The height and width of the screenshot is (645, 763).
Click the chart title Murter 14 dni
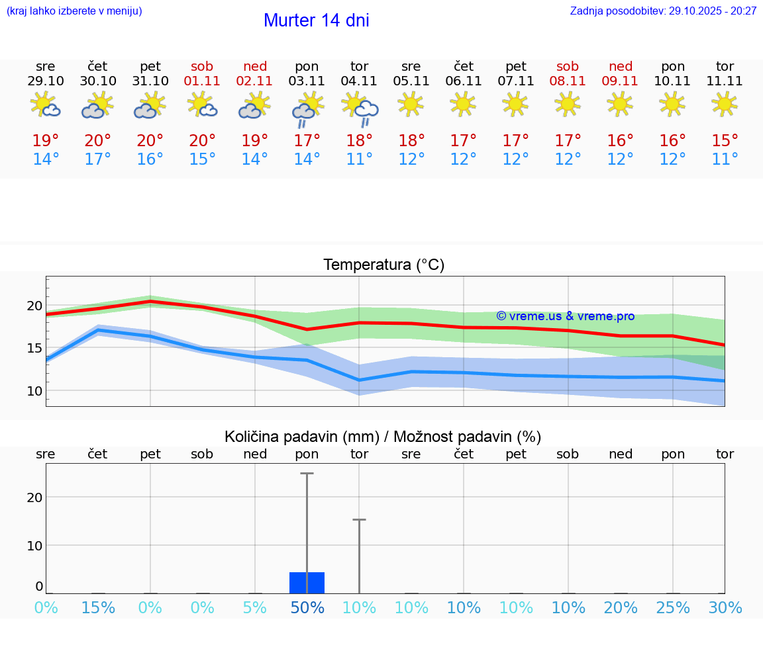pyautogui.click(x=316, y=21)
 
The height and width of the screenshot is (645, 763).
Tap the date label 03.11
pyautogui.click(x=307, y=81)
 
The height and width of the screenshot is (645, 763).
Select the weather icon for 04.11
pyautogui.click(x=360, y=108)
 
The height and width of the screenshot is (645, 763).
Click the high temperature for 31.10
pyautogui.click(x=150, y=141)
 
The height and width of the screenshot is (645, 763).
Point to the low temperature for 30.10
pyautogui.click(x=98, y=159)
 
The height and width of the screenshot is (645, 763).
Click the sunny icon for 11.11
pyautogui.click(x=725, y=104)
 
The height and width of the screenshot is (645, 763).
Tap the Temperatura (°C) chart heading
pyautogui.click(x=383, y=265)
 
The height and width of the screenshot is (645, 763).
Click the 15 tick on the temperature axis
pyautogui.click(x=34, y=348)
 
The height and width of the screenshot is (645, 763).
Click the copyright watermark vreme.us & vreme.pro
pyautogui.click(x=565, y=316)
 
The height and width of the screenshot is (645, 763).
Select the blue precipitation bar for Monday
pyautogui.click(x=307, y=583)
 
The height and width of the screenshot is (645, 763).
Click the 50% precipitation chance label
pyautogui.click(x=307, y=607)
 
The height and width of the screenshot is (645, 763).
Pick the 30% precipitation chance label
pyautogui.click(x=725, y=607)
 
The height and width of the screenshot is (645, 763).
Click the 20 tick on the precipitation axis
pyautogui.click(x=34, y=497)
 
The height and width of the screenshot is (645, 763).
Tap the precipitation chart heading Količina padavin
pyautogui.click(x=383, y=437)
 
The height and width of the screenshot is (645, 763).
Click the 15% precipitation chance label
pyautogui.click(x=98, y=607)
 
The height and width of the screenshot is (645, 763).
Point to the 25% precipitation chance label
pyautogui.click(x=672, y=607)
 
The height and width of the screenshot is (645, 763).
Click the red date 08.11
pyautogui.click(x=568, y=81)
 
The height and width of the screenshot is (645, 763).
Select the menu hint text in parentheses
pyautogui.click(x=74, y=11)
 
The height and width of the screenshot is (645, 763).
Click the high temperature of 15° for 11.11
pyautogui.click(x=725, y=141)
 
